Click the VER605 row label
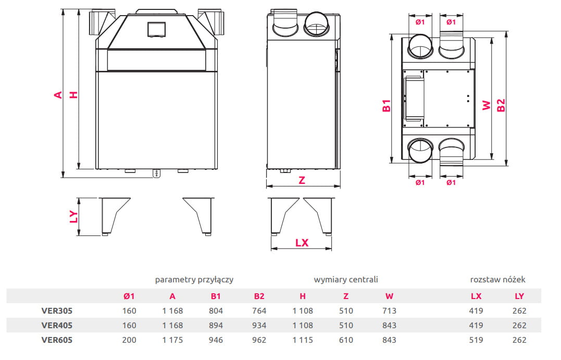(57, 340)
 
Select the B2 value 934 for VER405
(259, 325)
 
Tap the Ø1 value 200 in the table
(129, 340)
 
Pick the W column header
(389, 296)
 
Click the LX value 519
(476, 340)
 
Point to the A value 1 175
(172, 340)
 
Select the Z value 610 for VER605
(346, 340)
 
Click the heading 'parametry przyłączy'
(194, 279)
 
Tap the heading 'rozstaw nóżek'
(497, 279)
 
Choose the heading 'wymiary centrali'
(346, 279)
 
